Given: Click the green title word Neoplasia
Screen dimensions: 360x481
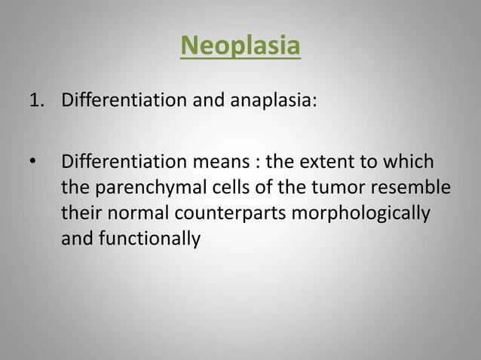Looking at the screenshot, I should (x=240, y=46).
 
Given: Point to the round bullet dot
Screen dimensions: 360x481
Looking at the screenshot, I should (x=32, y=162).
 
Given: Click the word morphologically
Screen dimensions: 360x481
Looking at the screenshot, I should (x=360, y=214).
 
